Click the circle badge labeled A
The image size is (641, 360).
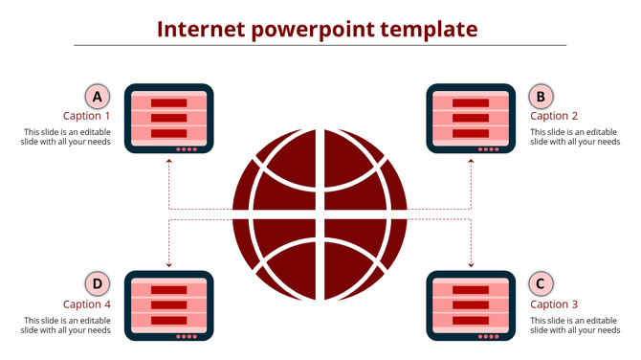pos(96,96)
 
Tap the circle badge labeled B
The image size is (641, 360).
pos(542,96)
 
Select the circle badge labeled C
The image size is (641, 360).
pos(542,284)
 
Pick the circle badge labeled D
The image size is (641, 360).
pos(96,284)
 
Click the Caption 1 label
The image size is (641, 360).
pos(87,117)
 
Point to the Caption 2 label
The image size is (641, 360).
pos(554,117)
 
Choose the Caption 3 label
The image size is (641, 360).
pos(554,304)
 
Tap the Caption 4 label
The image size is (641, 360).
pos(87,304)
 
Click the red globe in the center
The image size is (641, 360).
pos(320,214)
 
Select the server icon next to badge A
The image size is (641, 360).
pos(169,119)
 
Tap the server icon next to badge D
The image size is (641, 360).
pos(169,306)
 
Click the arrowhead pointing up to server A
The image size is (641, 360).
pos(169,161)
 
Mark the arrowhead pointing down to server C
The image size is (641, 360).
pos(471,264)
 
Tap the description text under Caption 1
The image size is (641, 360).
pos(66,137)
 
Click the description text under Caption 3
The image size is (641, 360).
pos(574,325)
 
